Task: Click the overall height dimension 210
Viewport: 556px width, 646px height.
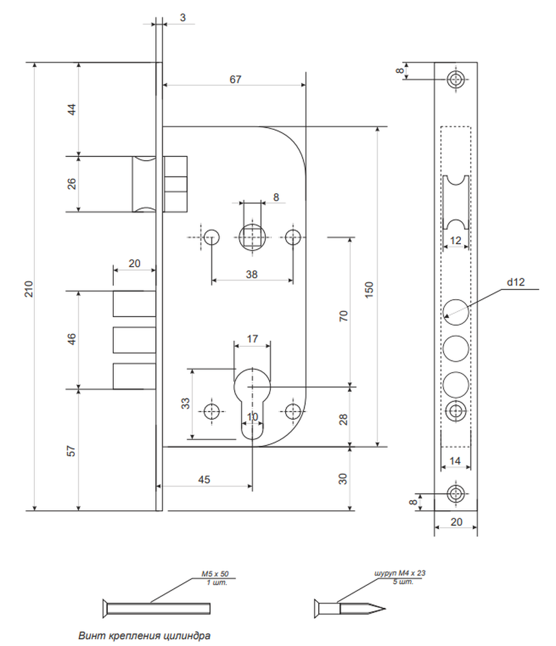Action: [28, 289]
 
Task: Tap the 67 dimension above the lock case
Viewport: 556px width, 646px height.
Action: [235, 79]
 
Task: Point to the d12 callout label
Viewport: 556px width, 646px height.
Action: [515, 282]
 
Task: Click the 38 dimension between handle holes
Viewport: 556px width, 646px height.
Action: [251, 274]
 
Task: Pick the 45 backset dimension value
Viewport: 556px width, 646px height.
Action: [204, 479]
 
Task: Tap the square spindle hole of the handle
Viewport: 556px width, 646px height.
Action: [252, 237]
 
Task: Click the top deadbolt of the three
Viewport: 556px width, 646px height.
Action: [134, 304]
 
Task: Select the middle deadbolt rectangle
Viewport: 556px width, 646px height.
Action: [134, 340]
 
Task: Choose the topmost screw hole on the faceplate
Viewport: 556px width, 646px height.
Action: [456, 79]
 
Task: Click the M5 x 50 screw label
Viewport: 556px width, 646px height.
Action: [215, 574]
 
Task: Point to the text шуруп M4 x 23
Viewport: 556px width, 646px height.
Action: [400, 572]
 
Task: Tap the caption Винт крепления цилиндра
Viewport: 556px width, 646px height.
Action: [144, 635]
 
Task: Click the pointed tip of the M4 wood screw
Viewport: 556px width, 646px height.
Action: [385, 609]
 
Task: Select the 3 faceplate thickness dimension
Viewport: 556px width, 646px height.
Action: [183, 17]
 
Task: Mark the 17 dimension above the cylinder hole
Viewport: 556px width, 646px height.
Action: [252, 339]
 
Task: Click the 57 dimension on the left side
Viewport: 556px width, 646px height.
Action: [71, 451]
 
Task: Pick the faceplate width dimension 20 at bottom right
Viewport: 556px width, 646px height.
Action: [456, 521]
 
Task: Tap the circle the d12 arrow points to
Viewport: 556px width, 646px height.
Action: [456, 312]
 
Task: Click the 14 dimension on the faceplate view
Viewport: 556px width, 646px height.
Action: [455, 461]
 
